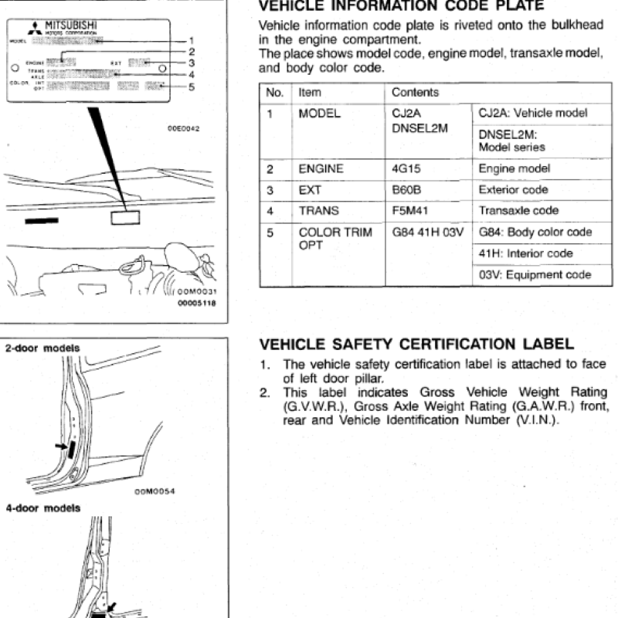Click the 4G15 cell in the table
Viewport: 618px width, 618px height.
point(406,168)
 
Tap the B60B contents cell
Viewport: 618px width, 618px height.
point(406,189)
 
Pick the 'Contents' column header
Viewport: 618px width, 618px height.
point(415,93)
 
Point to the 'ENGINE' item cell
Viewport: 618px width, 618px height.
point(321,168)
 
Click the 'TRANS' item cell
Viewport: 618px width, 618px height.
point(318,210)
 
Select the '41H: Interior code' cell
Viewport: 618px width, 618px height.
point(526,253)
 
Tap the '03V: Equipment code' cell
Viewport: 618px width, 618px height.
point(535,274)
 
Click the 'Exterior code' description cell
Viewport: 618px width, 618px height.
point(513,189)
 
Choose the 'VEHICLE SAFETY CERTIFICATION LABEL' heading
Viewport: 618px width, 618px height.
point(416,344)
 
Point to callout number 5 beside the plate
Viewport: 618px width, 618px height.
point(192,87)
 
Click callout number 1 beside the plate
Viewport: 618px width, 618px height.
point(192,40)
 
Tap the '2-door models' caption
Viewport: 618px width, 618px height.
point(42,348)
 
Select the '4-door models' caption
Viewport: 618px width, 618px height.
point(42,508)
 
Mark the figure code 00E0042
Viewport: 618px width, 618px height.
point(184,128)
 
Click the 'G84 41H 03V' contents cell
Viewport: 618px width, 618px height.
point(426,232)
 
